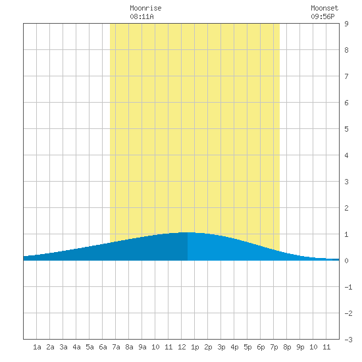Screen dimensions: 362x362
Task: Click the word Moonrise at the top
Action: (145, 8)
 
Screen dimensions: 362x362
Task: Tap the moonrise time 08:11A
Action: (142, 16)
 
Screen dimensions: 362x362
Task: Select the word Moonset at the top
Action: (324, 8)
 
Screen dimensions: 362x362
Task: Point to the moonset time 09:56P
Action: (323, 16)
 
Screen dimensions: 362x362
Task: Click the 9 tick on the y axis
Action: (346, 24)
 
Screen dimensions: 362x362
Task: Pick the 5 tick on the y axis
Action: (346, 129)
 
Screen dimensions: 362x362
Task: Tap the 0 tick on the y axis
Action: (346, 261)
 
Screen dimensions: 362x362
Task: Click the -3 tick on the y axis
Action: (348, 340)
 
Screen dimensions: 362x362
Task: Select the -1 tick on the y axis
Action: (348, 287)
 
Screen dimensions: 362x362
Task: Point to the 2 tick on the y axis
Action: (346, 208)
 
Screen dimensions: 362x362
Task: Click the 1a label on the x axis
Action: (37, 347)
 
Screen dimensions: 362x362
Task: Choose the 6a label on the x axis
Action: (103, 347)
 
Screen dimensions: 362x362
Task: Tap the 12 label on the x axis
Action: (182, 347)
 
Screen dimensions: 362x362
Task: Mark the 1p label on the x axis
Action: (195, 348)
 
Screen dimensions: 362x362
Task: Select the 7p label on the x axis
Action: (274, 348)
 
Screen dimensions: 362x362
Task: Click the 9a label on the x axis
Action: (142, 347)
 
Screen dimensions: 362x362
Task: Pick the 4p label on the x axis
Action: (234, 348)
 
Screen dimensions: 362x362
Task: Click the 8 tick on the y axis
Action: (346, 50)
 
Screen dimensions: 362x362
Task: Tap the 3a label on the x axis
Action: (63, 347)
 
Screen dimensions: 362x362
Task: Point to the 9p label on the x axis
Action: (300, 348)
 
